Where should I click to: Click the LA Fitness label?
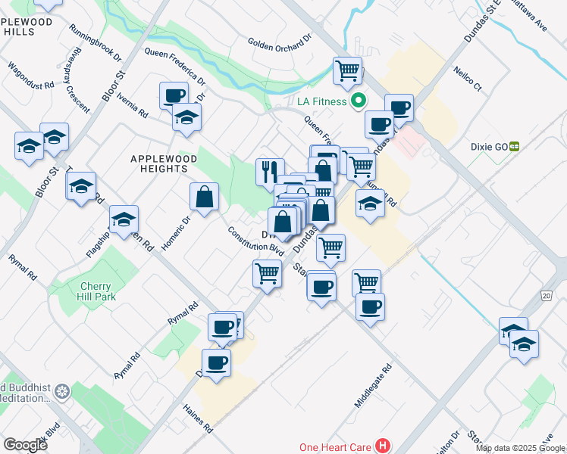316,101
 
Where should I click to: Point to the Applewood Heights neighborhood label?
164,163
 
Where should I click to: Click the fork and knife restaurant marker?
270,172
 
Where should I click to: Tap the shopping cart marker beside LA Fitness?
347,70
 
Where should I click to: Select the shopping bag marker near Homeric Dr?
205,197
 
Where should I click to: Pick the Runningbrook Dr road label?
95,42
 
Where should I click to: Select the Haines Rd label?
198,418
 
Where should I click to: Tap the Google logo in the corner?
24,445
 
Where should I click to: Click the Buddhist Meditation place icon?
63,392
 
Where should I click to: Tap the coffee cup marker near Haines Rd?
216,362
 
